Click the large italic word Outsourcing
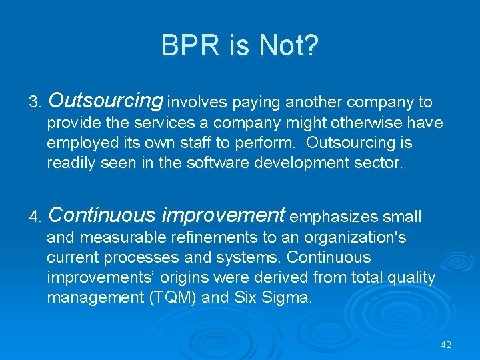click(105, 101)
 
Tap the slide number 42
click(446, 345)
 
